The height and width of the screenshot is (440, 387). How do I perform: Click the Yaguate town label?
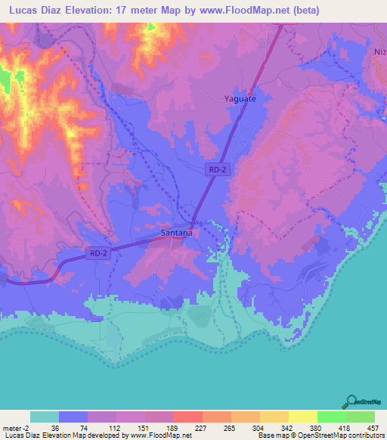point(240,98)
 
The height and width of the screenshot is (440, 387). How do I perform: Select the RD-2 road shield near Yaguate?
point(218,171)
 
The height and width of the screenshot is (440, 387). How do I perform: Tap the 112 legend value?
point(113,427)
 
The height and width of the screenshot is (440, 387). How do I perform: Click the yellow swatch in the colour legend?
point(302,417)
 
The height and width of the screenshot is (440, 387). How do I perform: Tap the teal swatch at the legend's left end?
point(45,417)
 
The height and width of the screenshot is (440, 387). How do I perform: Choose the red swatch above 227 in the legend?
point(187,417)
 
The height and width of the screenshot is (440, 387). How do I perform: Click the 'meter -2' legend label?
point(16,427)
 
